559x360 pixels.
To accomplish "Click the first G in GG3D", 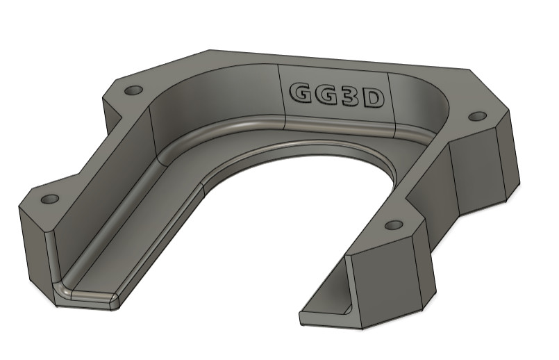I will [x=299, y=94].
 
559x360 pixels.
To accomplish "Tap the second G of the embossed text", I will [x=325, y=95].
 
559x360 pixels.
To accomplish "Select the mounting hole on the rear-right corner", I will [x=476, y=116].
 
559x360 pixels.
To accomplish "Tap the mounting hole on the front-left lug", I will [x=49, y=199].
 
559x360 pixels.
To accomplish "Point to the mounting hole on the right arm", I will [x=394, y=225].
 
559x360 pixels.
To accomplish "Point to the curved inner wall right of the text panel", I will [x=424, y=104].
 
